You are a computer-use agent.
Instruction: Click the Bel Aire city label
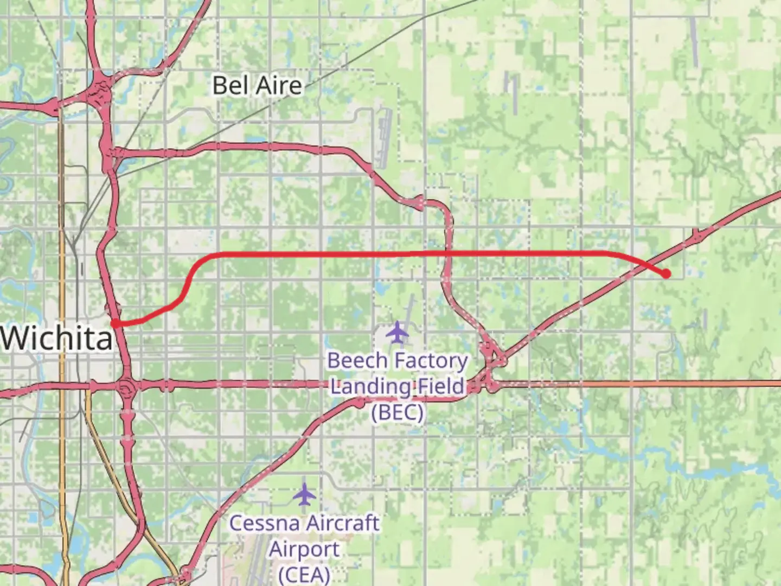coord(257,86)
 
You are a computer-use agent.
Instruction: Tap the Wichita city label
coord(57,339)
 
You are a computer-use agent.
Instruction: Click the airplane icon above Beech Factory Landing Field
coord(398,332)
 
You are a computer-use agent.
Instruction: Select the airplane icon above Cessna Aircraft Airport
coord(304,494)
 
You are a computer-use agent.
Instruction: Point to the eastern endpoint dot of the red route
coord(666,274)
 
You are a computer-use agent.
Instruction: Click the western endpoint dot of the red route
coord(115,323)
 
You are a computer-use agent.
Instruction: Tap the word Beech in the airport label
coord(357,360)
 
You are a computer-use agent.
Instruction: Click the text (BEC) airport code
coord(398,412)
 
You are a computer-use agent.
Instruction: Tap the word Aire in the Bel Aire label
coord(280,86)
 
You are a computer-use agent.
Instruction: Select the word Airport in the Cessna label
coord(304,549)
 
